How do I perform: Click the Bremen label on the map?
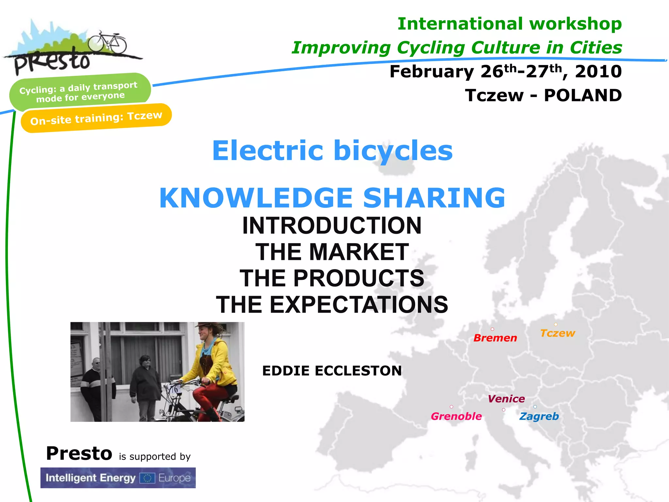pos(495,338)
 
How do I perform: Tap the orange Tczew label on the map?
pos(557,333)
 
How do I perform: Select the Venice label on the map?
pos(506,399)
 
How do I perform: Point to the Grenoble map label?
pos(456,416)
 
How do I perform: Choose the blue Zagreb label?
pos(539,416)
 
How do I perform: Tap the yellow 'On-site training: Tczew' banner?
pos(96,118)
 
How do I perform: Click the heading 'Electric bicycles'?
pos(332,151)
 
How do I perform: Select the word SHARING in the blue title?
pos(434,198)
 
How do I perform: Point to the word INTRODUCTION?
pos(332,226)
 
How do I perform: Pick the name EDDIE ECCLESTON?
pos(332,371)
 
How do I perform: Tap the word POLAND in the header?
pos(582,95)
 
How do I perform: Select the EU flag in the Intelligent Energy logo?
pos(147,478)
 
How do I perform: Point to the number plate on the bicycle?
pos(175,389)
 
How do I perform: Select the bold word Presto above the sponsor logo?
pos(79,454)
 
